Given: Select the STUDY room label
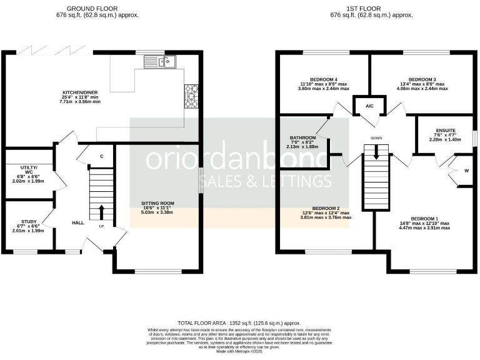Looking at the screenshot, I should click(29, 221).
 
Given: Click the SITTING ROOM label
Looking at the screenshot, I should click(157, 203).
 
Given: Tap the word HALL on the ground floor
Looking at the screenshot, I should click(78, 222).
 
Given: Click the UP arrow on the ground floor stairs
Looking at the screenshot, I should click(101, 212).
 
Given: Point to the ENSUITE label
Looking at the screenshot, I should click(446, 131).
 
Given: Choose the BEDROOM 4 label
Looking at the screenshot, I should click(323, 80).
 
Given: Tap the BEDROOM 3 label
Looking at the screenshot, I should click(422, 80).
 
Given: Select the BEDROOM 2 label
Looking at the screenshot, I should click(326, 208).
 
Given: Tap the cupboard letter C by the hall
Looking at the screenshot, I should click(102, 156).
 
